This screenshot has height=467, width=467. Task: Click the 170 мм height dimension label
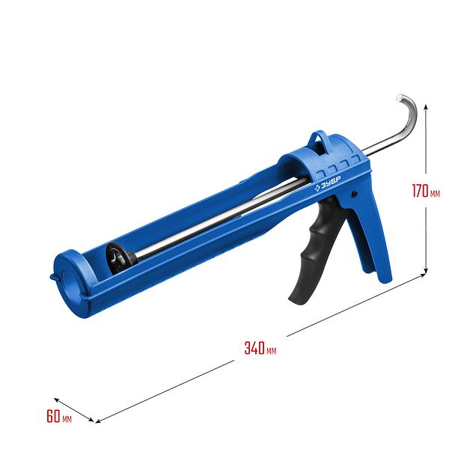click(426, 191)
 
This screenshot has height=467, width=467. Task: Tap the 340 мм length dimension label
click(260, 348)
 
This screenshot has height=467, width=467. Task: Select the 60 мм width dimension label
click(59, 416)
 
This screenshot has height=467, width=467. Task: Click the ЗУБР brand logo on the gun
click(328, 183)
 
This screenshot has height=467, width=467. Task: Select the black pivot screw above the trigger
click(354, 194)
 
